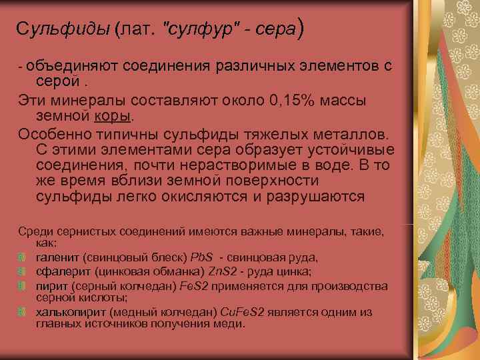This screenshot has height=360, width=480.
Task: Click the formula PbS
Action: [203, 257]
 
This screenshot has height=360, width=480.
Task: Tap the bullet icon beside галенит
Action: [22, 258]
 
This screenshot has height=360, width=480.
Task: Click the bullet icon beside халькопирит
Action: [22, 313]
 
